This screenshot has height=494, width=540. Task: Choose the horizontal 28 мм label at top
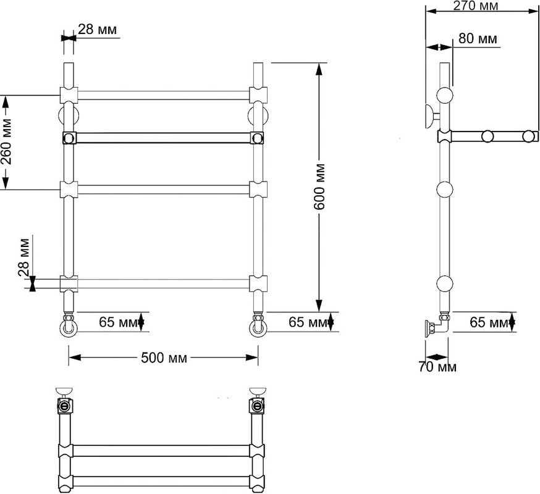(98, 30)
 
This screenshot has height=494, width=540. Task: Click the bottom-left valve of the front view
(69, 325)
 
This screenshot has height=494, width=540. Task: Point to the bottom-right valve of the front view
(258, 325)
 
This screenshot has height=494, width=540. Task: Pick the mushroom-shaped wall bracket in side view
(428, 115)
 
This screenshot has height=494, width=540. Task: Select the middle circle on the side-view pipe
(445, 189)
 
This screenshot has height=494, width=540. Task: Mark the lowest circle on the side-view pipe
(445, 283)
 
